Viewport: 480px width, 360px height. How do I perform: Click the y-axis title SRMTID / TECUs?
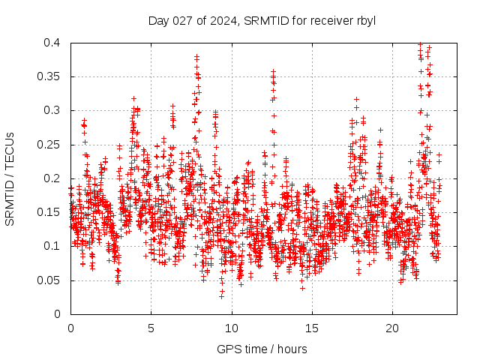point(10,178)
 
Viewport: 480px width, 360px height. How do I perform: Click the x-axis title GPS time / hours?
point(262,349)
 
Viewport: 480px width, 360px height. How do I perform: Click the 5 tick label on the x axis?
point(151,328)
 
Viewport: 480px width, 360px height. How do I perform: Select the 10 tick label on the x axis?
point(232,328)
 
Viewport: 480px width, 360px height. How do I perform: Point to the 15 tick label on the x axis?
point(312,328)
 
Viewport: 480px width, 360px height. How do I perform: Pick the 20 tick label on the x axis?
point(392,328)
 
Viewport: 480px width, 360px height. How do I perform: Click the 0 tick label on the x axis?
point(70,328)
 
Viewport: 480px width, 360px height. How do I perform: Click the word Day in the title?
point(158,20)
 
